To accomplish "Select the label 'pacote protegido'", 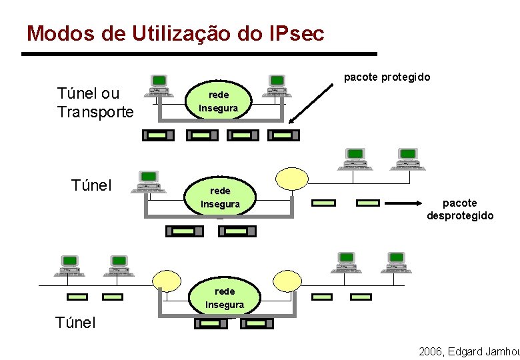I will (387, 77).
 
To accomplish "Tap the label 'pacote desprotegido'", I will (460, 209).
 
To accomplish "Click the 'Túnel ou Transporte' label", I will (95, 102).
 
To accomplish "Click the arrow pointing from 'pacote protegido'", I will (311, 103).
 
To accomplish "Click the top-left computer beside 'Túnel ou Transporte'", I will (158, 85).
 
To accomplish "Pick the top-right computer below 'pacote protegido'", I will (276, 85).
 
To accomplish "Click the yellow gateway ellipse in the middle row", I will (292, 179).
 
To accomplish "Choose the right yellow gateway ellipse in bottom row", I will (287, 279).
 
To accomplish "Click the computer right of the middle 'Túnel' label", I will (148, 181).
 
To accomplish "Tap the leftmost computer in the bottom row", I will (69, 265).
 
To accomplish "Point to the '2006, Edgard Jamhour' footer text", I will (469, 351).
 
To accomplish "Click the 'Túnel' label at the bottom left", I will (75, 323).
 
